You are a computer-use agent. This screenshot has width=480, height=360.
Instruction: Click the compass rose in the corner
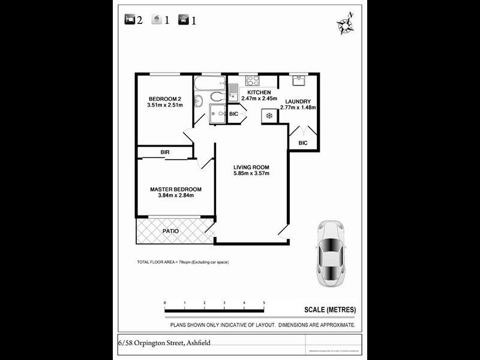pyautogui.click(x=345, y=24)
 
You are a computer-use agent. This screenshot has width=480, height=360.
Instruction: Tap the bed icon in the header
pyautogui.click(x=130, y=20)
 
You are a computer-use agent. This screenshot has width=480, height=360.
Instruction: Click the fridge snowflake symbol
pyautogui.click(x=269, y=115)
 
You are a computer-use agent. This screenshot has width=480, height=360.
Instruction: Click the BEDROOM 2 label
pyautogui.click(x=164, y=99)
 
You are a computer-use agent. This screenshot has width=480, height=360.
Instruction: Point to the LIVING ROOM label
pyautogui.click(x=251, y=167)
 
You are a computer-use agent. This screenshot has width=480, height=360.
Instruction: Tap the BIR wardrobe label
pyautogui.click(x=165, y=153)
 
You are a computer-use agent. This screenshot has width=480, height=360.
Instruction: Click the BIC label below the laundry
pyautogui.click(x=303, y=143)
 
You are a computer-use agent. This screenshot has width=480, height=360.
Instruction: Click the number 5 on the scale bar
pyautogui.click(x=264, y=303)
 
